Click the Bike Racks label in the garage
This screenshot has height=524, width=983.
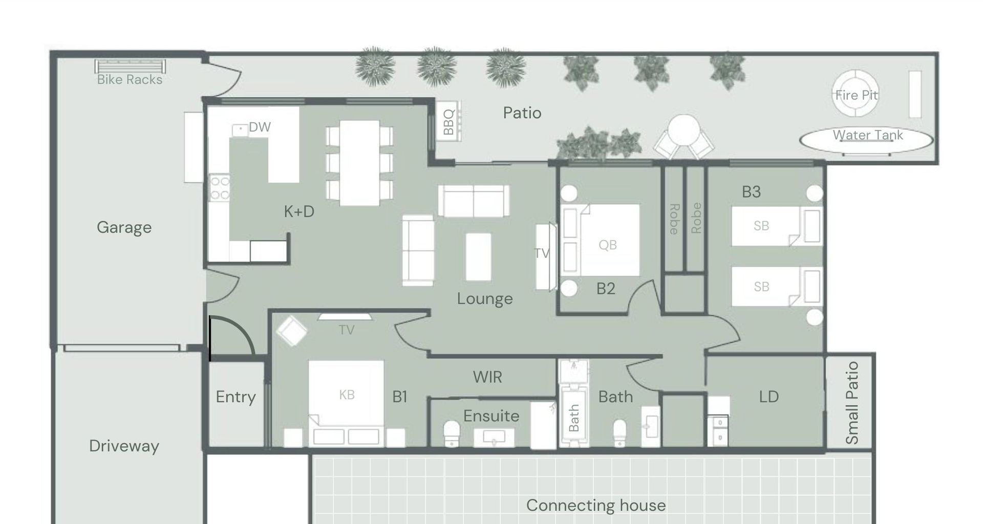coord(130,79)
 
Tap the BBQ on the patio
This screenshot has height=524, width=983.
coord(449,121)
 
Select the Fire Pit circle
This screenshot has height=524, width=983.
coord(856,94)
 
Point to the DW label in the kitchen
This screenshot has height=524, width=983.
coord(260,127)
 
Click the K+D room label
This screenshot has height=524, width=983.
coord(299,211)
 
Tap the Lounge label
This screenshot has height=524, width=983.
coord(484,299)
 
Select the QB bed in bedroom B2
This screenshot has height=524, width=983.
coord(601,240)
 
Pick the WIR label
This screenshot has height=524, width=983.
coord(487,377)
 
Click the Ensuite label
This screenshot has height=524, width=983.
coord(491,416)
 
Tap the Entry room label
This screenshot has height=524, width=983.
coord(236,397)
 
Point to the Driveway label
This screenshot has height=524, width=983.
coord(124,446)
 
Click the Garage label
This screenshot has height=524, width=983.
coord(124,227)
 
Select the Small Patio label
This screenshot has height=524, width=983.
coord(851,403)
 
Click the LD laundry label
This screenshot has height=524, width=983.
coord(768,397)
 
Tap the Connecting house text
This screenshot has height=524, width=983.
coord(596,506)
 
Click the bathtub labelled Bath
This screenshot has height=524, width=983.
coord(573,417)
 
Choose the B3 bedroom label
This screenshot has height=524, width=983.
coord(751,192)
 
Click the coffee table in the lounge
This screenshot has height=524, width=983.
coord(478,257)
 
